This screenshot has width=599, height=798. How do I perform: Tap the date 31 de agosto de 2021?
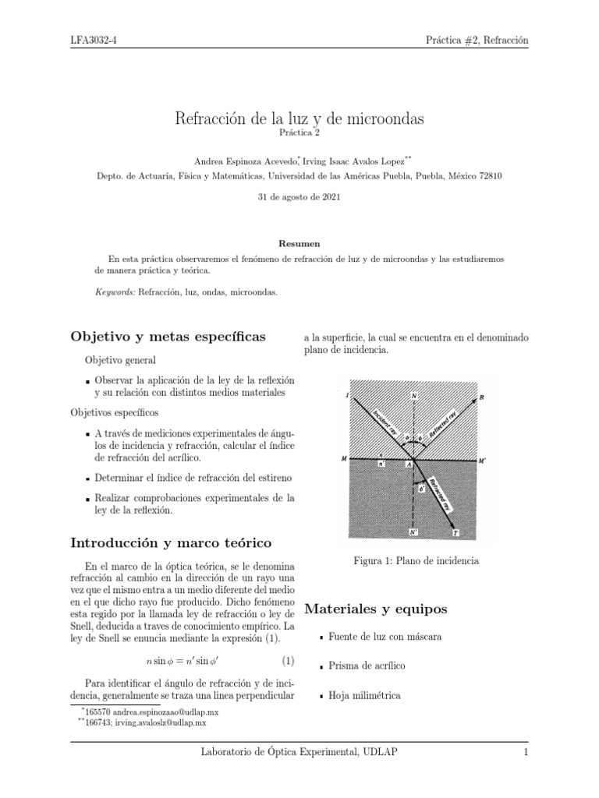(x=299, y=197)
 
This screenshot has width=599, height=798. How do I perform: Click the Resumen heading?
(x=299, y=244)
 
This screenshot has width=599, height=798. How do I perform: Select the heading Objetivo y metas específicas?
(x=168, y=337)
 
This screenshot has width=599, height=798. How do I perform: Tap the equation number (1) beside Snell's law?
(x=288, y=662)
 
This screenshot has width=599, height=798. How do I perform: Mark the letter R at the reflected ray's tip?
(x=482, y=397)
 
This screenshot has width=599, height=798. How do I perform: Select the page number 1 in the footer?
(x=526, y=752)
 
